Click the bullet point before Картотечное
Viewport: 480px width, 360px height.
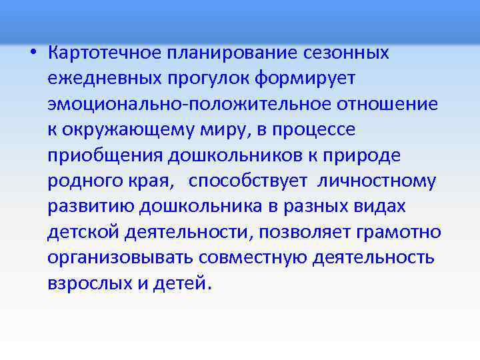(x=33, y=53)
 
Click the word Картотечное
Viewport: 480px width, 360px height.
(x=103, y=53)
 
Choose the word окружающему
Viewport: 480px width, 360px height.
(x=131, y=130)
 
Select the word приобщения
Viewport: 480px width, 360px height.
(x=105, y=155)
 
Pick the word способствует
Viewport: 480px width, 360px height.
(x=248, y=181)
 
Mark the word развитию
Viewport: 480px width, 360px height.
(x=91, y=207)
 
